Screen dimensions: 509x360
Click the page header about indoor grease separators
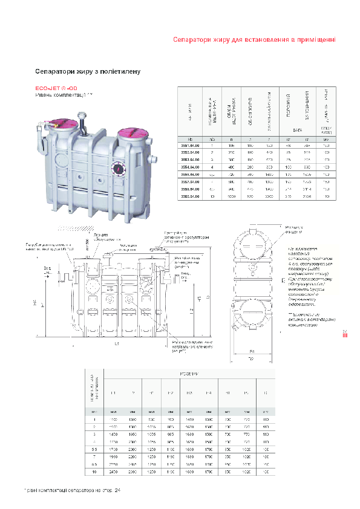[254, 40]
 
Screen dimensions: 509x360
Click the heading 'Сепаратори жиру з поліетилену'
[88, 71]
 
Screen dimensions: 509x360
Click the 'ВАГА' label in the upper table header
[297, 129]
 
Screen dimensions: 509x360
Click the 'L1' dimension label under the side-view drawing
[116, 344]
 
